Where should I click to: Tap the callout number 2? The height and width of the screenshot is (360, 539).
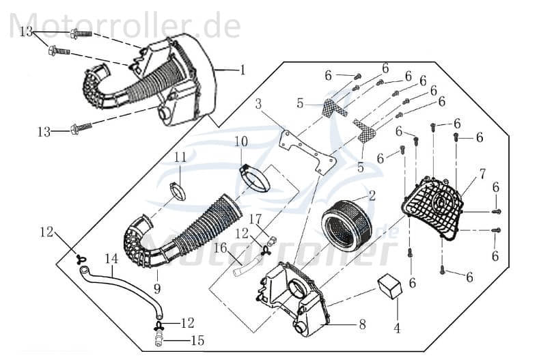click(x=372, y=195)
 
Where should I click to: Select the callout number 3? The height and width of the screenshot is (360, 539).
click(x=258, y=105)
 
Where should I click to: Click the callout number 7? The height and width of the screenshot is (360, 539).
click(x=483, y=174)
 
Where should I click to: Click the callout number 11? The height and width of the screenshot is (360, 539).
click(x=180, y=157)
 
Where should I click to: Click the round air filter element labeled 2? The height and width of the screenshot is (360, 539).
click(x=346, y=219)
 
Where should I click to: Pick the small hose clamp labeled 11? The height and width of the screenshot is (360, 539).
click(x=177, y=189)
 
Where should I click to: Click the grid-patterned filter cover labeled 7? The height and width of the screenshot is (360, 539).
click(x=434, y=206)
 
